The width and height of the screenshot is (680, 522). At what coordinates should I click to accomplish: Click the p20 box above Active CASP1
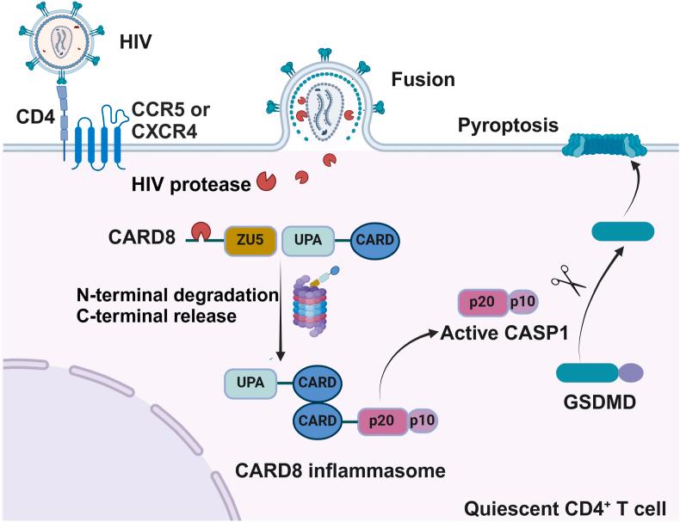(483, 304)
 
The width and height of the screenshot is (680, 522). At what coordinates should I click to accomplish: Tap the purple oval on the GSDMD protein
(631, 372)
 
